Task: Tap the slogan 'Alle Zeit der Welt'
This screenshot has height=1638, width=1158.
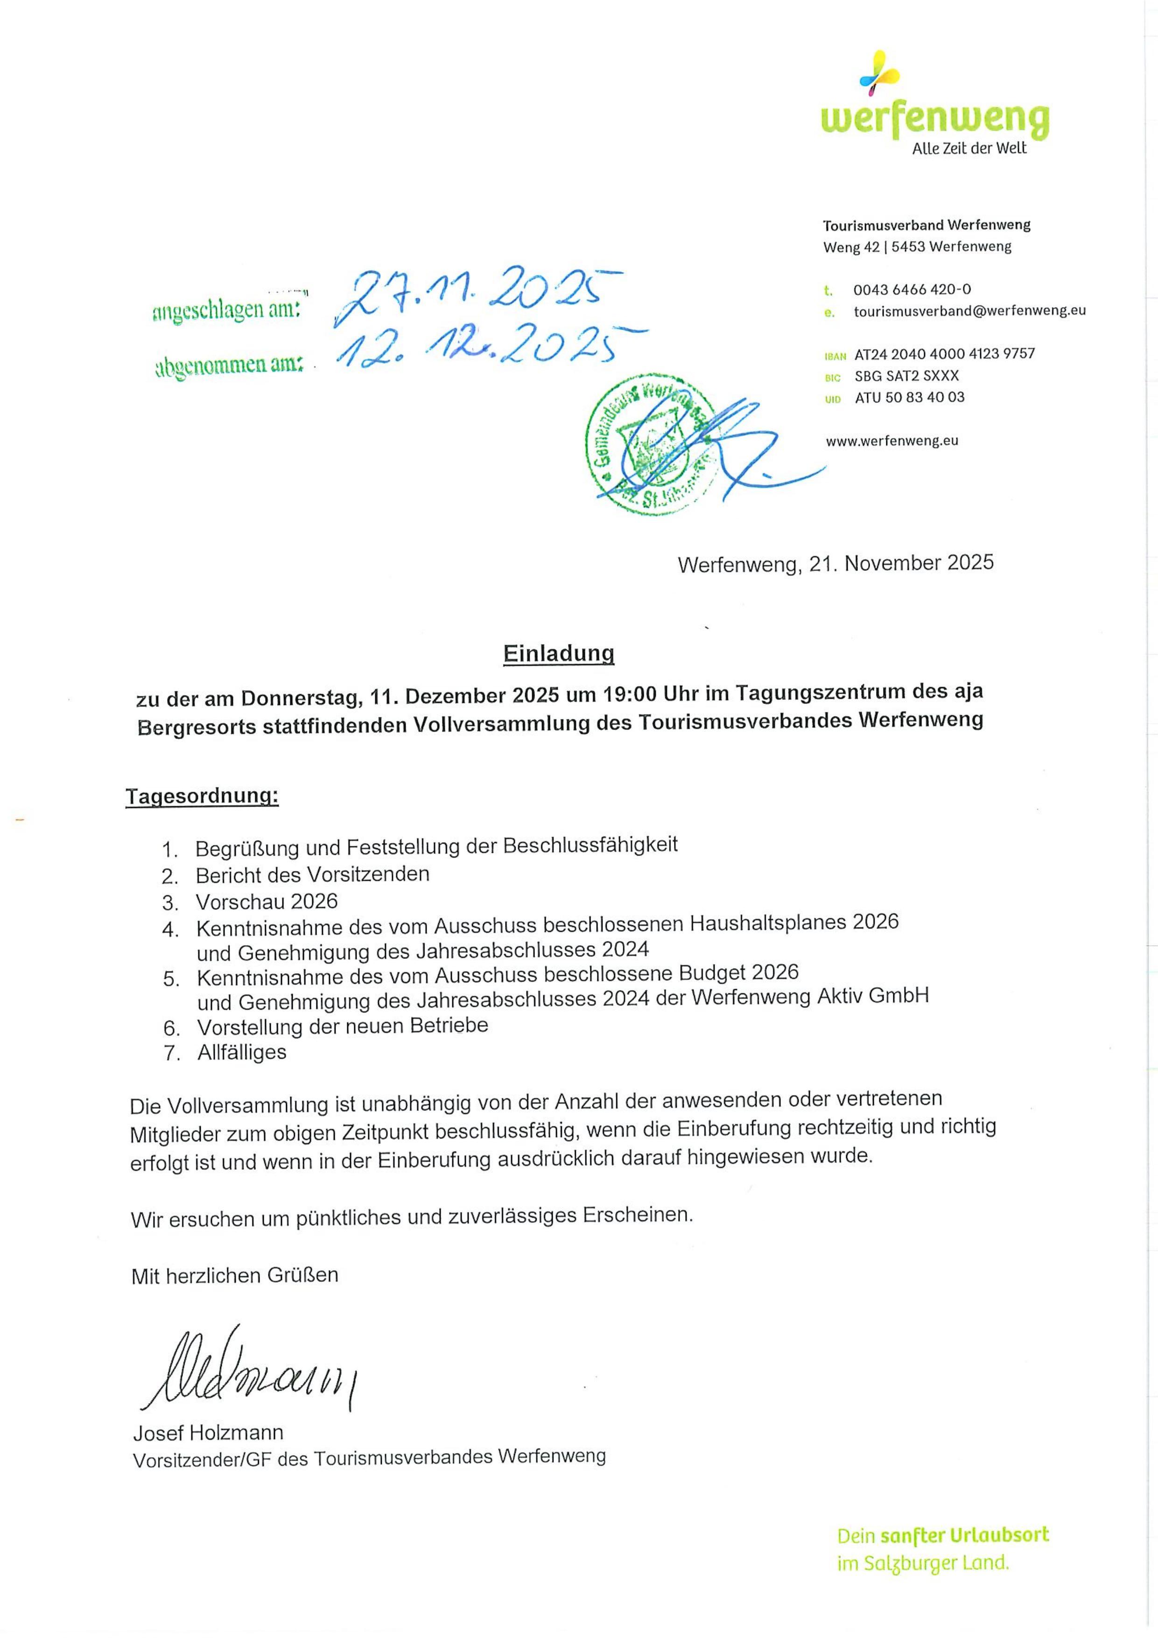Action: point(969,148)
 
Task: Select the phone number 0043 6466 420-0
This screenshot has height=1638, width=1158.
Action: point(912,289)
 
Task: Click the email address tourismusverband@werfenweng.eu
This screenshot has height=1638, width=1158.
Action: point(969,311)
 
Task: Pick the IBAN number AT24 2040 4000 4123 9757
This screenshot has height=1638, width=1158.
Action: point(944,354)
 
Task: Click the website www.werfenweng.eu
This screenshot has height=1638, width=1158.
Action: point(892,441)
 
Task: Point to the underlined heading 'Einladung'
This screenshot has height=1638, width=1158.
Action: point(559,654)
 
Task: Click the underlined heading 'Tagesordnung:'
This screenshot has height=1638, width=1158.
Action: point(202,796)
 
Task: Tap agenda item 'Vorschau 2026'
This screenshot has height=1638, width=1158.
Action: point(266,902)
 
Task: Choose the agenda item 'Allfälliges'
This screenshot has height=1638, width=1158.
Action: point(242,1053)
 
